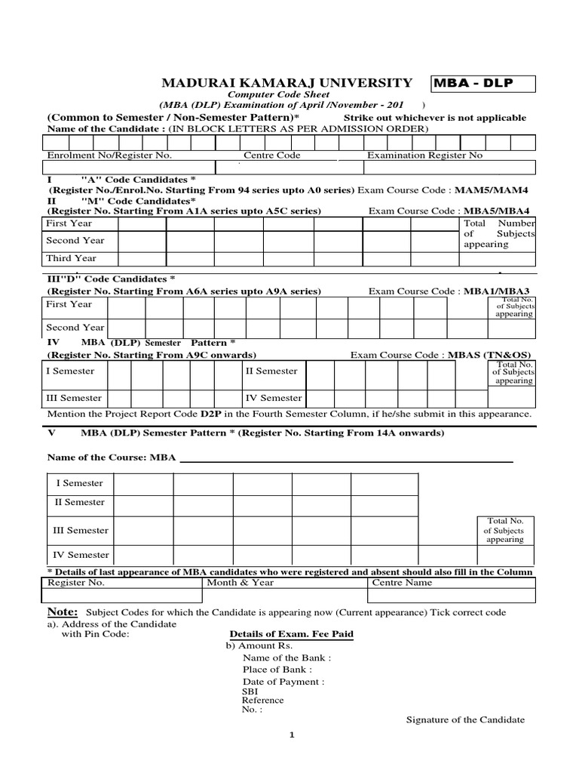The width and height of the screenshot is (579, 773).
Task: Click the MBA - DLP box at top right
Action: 482,83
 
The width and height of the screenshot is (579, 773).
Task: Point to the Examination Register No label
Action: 424,156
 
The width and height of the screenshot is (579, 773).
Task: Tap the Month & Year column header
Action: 240,582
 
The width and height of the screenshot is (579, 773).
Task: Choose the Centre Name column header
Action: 403,582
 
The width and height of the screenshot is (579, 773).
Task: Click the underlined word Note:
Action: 63,611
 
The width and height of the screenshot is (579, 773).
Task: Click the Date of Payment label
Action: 283,681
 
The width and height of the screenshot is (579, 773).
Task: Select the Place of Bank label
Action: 277,669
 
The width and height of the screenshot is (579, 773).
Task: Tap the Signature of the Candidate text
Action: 465,719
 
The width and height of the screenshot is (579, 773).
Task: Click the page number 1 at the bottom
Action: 291,738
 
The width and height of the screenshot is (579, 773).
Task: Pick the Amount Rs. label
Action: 259,646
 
